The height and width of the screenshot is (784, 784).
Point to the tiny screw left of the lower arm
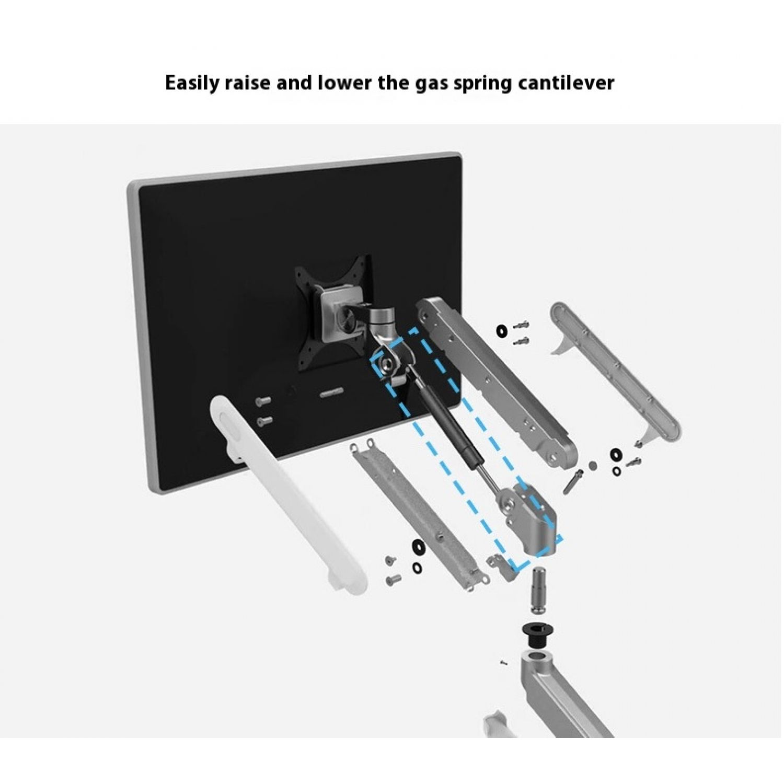click(x=503, y=662)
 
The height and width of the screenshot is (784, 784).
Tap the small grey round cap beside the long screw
click(x=592, y=465)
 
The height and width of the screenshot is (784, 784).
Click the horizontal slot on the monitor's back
click(x=331, y=392)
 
